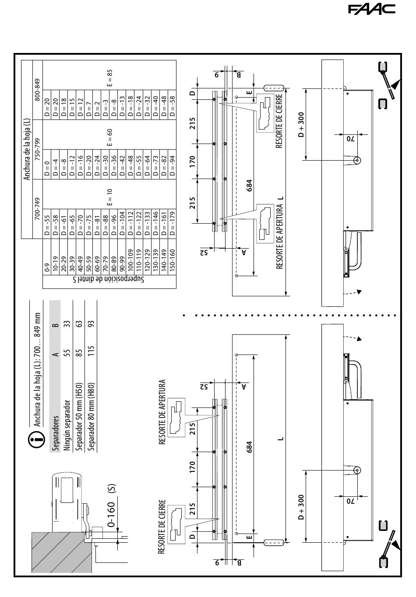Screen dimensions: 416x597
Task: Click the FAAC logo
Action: pyautogui.click(x=371, y=10)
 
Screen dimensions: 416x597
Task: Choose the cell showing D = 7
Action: pyautogui.click(x=89, y=105)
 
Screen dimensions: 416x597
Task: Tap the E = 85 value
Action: pyautogui.click(x=109, y=78)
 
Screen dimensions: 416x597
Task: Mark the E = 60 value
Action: pyautogui.click(x=109, y=137)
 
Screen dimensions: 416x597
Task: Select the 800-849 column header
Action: pyautogui.click(x=38, y=90)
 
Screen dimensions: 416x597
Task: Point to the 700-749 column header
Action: pyautogui.click(x=38, y=209)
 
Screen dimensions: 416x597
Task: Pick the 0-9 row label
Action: pyautogui.click(x=47, y=267)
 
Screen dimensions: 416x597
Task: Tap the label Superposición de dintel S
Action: pyautogui.click(x=109, y=279)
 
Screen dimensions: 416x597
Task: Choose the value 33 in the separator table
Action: pyautogui.click(x=67, y=324)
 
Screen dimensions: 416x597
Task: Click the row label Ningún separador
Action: pyautogui.click(x=67, y=425)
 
